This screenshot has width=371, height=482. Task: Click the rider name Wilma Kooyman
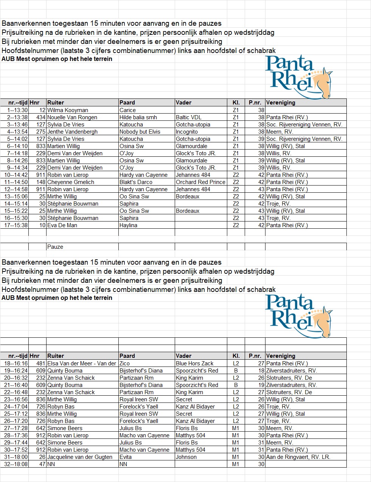68,110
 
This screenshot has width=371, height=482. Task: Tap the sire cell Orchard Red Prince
200,182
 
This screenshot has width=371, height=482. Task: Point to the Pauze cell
55,247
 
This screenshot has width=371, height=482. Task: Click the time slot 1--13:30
17,110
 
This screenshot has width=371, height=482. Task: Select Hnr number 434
41,117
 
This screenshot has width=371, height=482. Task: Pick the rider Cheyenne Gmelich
71,182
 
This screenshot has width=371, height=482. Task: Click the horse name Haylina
128,225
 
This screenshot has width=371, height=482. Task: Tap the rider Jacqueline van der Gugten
80,457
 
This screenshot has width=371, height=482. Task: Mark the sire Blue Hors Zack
194,363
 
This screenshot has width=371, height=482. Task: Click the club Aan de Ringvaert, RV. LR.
298,457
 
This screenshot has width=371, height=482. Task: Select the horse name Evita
126,457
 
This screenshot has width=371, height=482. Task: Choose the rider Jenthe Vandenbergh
72,132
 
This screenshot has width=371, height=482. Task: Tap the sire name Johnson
186,457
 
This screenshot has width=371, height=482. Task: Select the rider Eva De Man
62,225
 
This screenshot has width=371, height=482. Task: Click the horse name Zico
124,363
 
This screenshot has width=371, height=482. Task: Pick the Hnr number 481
41,363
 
